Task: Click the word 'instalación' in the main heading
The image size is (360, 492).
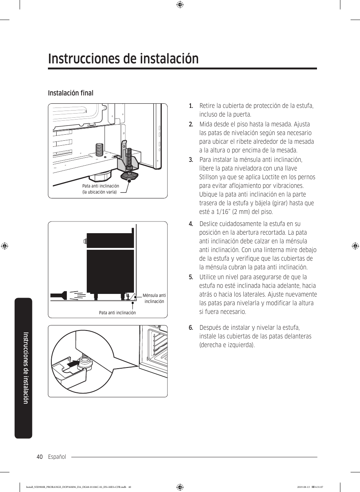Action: point(168,59)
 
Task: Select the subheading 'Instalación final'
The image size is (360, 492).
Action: point(71,93)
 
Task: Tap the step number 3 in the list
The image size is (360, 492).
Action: point(191,160)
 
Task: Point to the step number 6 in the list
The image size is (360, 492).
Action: point(191,327)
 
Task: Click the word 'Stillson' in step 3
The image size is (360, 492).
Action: point(209,177)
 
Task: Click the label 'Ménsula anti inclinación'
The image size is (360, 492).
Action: point(154,298)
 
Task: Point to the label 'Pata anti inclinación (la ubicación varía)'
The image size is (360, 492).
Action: point(101,189)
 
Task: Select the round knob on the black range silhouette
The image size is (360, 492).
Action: point(85,241)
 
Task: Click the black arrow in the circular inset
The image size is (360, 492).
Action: point(74,364)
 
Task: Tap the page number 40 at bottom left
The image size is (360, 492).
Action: point(40,457)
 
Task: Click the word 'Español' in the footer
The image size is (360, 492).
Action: point(57,457)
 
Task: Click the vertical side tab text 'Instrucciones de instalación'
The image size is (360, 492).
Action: point(25,368)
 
